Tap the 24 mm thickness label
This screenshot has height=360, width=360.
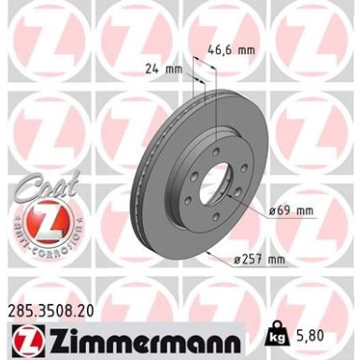(165, 68)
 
